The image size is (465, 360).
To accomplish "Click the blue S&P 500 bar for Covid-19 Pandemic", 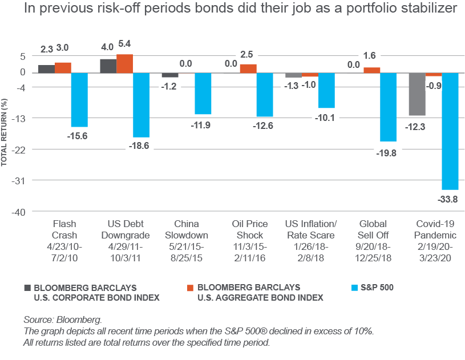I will pos(450,131).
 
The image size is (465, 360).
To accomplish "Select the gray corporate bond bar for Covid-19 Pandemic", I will pos(417,94).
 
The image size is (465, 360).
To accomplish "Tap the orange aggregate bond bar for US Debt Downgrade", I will pos(124,64).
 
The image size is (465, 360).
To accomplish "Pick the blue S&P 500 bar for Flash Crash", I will pos(79,100).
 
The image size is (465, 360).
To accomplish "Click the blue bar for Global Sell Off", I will pos(388,107).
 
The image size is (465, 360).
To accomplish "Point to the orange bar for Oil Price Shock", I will pos(248,68).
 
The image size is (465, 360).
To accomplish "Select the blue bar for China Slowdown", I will pos(203,94).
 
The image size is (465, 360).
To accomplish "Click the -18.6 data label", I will pos(139,146).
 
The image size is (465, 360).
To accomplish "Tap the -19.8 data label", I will pos(387,152).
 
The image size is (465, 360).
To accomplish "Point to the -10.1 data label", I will pos(326,118).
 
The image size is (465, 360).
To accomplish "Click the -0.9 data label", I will pos(434,85).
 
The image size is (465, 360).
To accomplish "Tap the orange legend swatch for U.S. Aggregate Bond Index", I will pos(191,288).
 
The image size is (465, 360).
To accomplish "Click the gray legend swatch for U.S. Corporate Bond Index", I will pos(27,288).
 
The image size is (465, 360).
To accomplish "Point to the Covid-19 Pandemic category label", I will pos(436,235).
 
